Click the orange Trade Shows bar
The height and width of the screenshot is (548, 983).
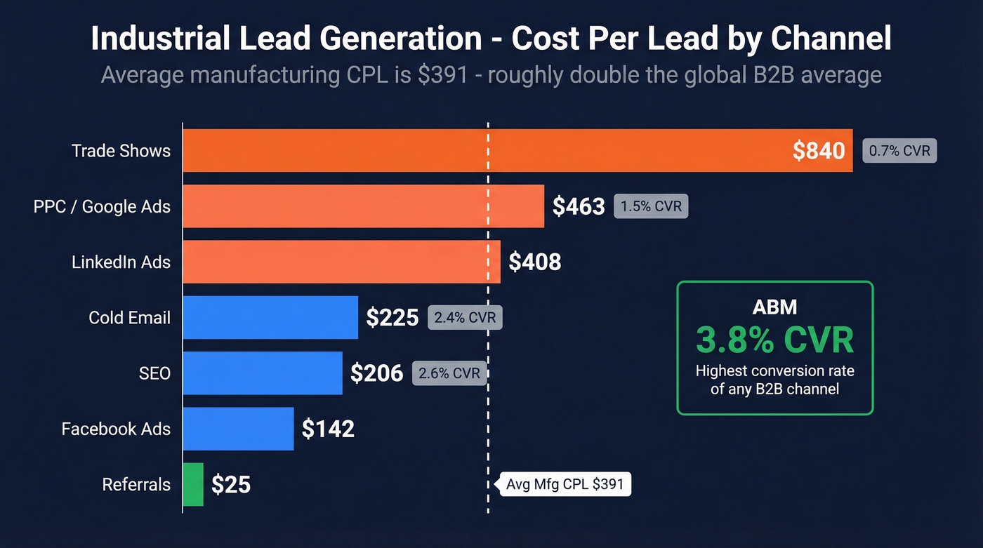click(x=484, y=150)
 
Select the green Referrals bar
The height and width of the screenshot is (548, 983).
click(x=193, y=484)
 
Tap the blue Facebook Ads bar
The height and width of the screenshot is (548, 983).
click(x=238, y=429)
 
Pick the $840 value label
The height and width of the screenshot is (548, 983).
click(x=819, y=150)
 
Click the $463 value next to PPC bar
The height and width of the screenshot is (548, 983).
click(x=579, y=206)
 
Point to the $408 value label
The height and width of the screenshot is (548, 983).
click(x=535, y=262)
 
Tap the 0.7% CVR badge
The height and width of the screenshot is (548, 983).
click(x=899, y=151)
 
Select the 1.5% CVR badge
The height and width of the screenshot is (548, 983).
click(x=651, y=206)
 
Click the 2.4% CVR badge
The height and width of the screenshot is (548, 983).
click(x=465, y=318)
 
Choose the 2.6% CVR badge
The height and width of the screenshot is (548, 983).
click(x=449, y=373)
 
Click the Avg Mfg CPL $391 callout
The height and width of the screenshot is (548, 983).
click(x=565, y=484)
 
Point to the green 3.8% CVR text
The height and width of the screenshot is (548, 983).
click(x=774, y=340)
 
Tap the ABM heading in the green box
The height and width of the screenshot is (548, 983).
click(x=774, y=306)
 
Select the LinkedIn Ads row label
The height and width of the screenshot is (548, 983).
click(x=121, y=262)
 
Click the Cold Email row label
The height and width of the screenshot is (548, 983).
click(x=129, y=318)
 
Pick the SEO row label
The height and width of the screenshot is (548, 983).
click(x=154, y=373)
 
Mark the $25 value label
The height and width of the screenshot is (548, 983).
click(x=231, y=484)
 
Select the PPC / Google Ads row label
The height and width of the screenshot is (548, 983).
click(x=102, y=206)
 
